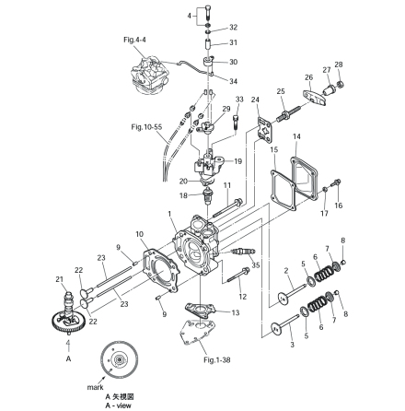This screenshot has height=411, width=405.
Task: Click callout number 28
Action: [x=339, y=65]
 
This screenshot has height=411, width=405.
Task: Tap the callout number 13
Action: [x=237, y=312]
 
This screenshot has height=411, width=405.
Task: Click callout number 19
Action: [x=238, y=160]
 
